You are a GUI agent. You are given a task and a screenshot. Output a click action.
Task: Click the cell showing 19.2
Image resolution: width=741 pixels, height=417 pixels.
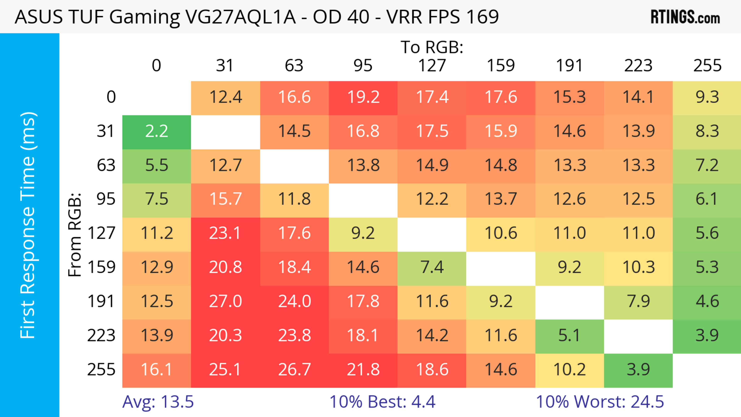[x=363, y=97]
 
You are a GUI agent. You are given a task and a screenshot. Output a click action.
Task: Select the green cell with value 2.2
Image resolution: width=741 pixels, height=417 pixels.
[x=156, y=131]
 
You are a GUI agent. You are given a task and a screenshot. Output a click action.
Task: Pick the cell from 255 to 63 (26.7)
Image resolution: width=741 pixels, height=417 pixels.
[x=294, y=370]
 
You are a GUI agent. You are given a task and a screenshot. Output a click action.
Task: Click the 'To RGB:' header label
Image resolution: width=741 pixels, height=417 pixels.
[x=432, y=47]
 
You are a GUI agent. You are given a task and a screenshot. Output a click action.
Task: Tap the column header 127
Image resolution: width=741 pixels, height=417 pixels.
[x=432, y=66]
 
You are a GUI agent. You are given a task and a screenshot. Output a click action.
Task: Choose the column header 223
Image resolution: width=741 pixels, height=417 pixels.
[x=638, y=66]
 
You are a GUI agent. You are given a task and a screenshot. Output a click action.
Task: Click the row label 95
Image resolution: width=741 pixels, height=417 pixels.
[x=106, y=199]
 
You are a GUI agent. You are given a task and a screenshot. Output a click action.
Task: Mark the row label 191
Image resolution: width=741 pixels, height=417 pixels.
[x=101, y=301]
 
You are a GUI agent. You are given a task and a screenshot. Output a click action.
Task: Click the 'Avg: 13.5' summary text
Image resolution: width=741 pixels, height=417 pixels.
[x=158, y=402]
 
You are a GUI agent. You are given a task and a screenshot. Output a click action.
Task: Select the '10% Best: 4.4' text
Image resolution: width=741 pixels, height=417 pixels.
[x=382, y=402]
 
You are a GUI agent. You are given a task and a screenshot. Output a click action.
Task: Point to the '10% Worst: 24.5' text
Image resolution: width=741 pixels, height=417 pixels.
[x=600, y=402]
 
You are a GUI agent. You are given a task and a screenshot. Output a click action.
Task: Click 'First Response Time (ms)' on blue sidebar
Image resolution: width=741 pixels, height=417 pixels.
[x=28, y=225]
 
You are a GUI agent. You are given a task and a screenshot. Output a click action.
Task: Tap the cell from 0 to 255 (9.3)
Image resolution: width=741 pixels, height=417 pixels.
[x=707, y=97]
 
